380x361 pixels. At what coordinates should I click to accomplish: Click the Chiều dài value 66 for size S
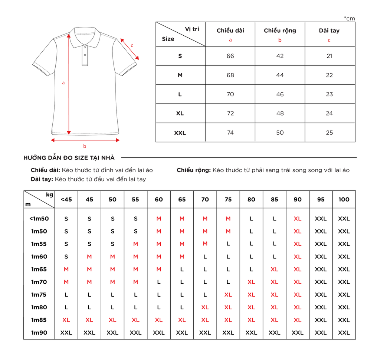click(x=230, y=56)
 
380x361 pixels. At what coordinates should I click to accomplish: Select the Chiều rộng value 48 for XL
click(x=280, y=113)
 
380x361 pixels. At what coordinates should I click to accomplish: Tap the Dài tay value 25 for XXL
click(x=329, y=133)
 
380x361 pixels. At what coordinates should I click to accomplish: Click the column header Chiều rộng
click(x=280, y=30)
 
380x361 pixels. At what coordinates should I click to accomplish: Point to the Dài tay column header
click(x=329, y=30)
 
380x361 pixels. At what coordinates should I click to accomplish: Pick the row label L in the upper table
click(x=180, y=94)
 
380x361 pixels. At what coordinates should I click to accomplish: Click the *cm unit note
click(x=349, y=18)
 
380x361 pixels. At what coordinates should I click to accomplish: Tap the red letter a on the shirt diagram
click(x=63, y=83)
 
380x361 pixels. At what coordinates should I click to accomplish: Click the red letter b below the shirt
click(x=85, y=146)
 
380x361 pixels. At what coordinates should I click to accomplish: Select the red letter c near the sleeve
click(x=132, y=45)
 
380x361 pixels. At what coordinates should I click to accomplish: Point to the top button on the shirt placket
click(x=85, y=48)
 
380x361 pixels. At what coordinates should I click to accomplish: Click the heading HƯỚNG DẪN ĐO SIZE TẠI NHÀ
click(x=69, y=158)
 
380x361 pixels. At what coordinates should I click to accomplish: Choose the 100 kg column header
click(x=344, y=199)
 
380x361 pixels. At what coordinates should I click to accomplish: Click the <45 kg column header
click(x=66, y=199)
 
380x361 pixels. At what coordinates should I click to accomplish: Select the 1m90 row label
click(x=39, y=333)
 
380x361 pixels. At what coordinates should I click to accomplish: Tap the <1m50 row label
click(x=39, y=219)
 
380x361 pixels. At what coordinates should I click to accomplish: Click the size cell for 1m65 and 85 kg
click(x=274, y=269)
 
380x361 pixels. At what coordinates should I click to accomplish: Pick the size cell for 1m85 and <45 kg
click(x=66, y=320)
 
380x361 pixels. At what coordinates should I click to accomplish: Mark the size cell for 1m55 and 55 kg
click(x=135, y=244)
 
